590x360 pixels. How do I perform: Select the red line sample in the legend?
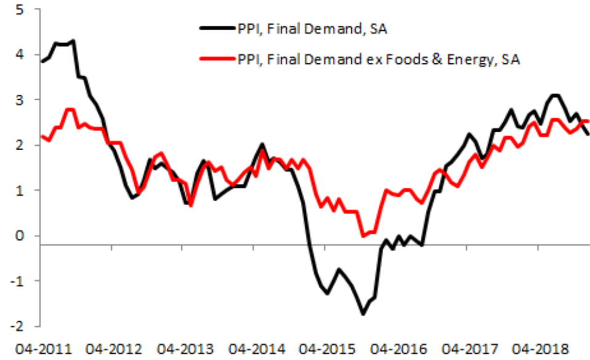215,59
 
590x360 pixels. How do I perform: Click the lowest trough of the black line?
363,314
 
